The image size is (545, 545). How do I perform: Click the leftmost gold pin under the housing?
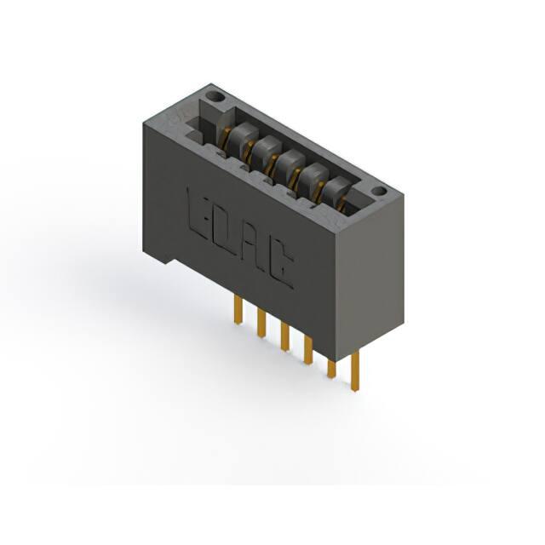point(238,310)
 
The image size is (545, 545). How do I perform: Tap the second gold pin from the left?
point(261,324)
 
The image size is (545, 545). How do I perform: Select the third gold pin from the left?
point(285,336)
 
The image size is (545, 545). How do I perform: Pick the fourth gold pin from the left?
point(308,349)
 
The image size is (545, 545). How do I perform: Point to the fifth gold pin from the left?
point(332,369)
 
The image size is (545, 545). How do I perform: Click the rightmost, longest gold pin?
point(355,371)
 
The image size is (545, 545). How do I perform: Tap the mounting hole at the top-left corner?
point(215,96)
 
